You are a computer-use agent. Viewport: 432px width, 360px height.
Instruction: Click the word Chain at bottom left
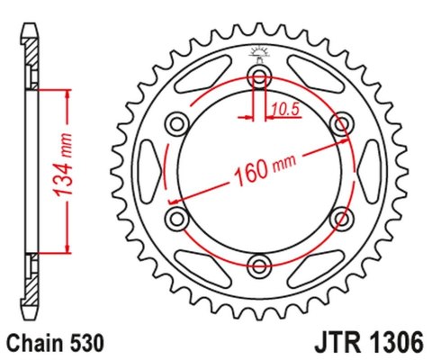[x=34, y=344]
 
